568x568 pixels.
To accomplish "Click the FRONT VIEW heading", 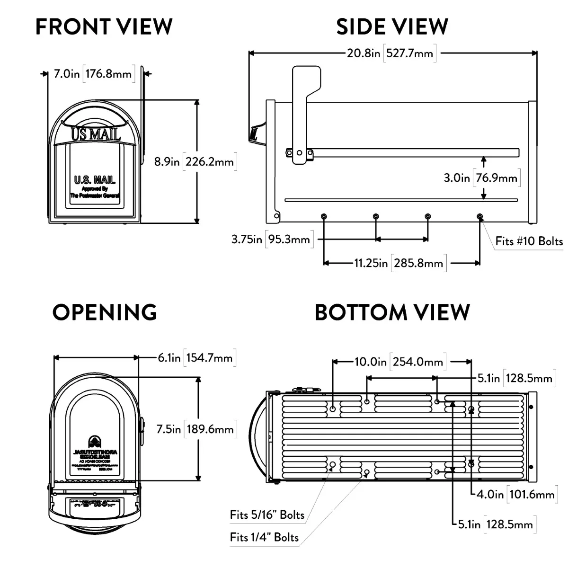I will point(104,27).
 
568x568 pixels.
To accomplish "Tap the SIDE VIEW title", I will point(392,27).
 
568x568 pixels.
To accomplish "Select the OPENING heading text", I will point(105,312).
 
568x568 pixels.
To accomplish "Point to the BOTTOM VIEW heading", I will point(392,312).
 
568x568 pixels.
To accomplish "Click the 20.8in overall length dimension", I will point(390,53).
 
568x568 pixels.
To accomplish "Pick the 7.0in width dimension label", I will point(92,74).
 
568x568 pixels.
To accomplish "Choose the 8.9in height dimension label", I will point(194,162).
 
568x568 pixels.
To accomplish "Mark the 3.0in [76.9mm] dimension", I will point(481,178).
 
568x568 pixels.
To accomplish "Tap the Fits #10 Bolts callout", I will point(529,241).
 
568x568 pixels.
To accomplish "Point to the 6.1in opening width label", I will point(195,357).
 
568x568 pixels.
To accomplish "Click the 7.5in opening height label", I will point(195,429).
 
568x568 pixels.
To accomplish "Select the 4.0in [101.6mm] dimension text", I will point(515,495).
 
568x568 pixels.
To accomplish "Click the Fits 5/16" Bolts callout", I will point(267,515).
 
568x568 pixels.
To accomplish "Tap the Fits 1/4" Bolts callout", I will point(264,537).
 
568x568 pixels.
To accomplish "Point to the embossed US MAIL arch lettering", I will point(96,134).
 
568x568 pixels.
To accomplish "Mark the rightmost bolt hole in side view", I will point(480,216).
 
